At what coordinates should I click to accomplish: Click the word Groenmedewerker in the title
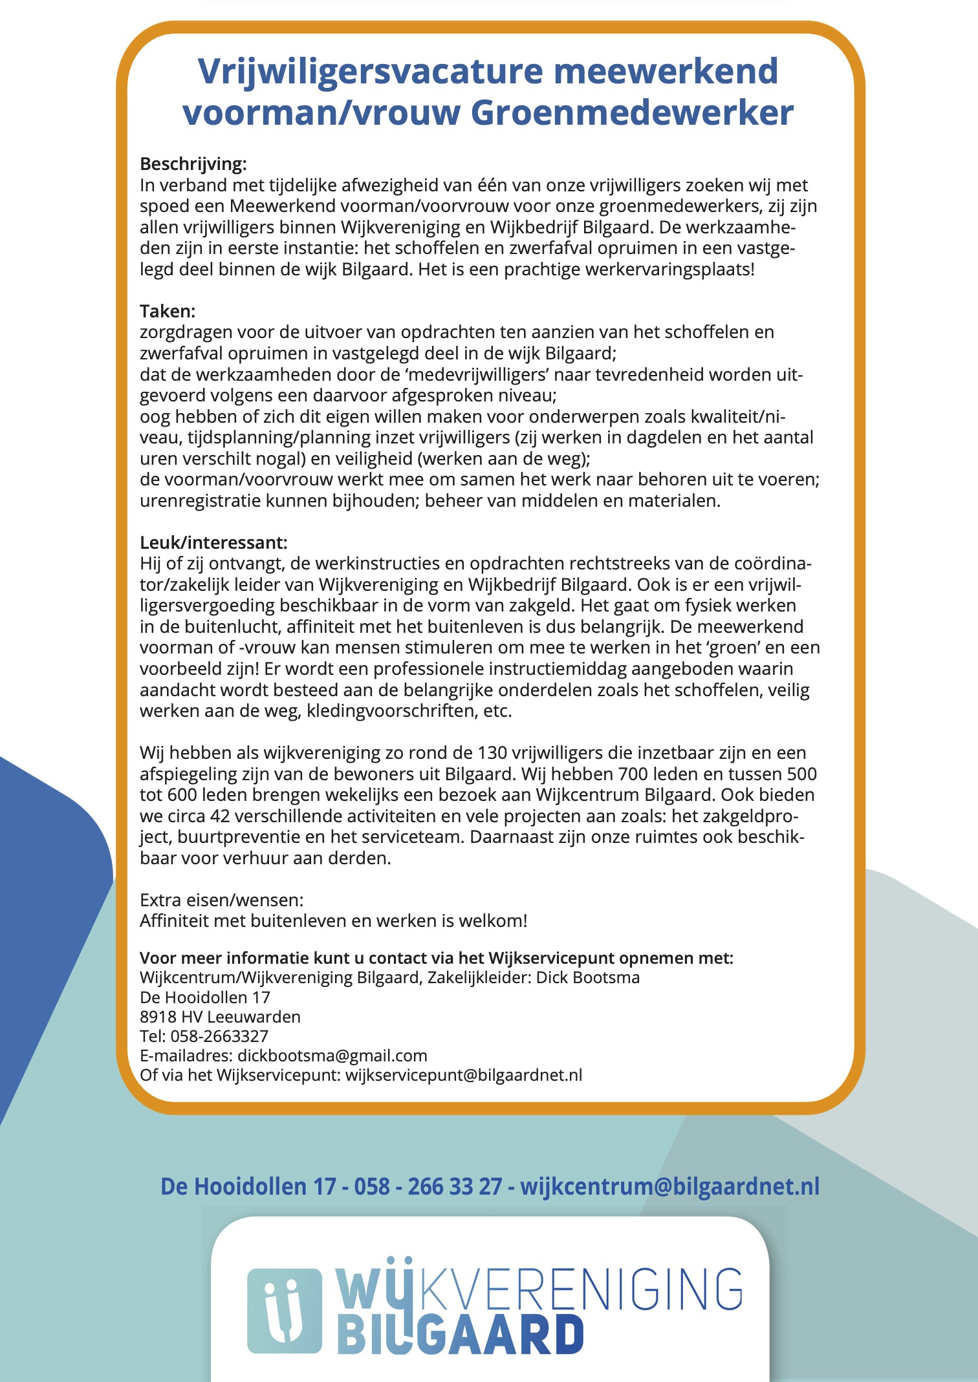click(x=632, y=113)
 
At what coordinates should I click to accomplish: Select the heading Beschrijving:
click(x=193, y=164)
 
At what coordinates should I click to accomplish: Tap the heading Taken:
click(x=168, y=312)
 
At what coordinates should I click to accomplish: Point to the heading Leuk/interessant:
click(x=213, y=542)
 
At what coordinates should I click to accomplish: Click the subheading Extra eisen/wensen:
click(x=221, y=900)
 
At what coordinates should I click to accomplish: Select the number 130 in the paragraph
click(x=492, y=753)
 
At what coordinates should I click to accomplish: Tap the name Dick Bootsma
click(x=587, y=977)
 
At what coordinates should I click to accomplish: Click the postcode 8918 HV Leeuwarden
click(x=220, y=1017)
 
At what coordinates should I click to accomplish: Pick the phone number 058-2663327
click(x=219, y=1036)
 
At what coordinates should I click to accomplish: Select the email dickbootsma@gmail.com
click(x=332, y=1056)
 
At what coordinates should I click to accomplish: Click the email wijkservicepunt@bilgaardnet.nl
click(x=464, y=1075)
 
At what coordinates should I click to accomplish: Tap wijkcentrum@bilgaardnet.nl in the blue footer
click(x=669, y=1187)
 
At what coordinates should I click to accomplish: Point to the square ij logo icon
click(x=285, y=1310)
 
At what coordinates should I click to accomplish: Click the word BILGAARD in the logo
click(x=461, y=1335)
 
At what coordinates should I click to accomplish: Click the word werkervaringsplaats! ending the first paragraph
click(x=669, y=270)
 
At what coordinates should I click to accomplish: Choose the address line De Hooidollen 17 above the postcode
click(x=205, y=997)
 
